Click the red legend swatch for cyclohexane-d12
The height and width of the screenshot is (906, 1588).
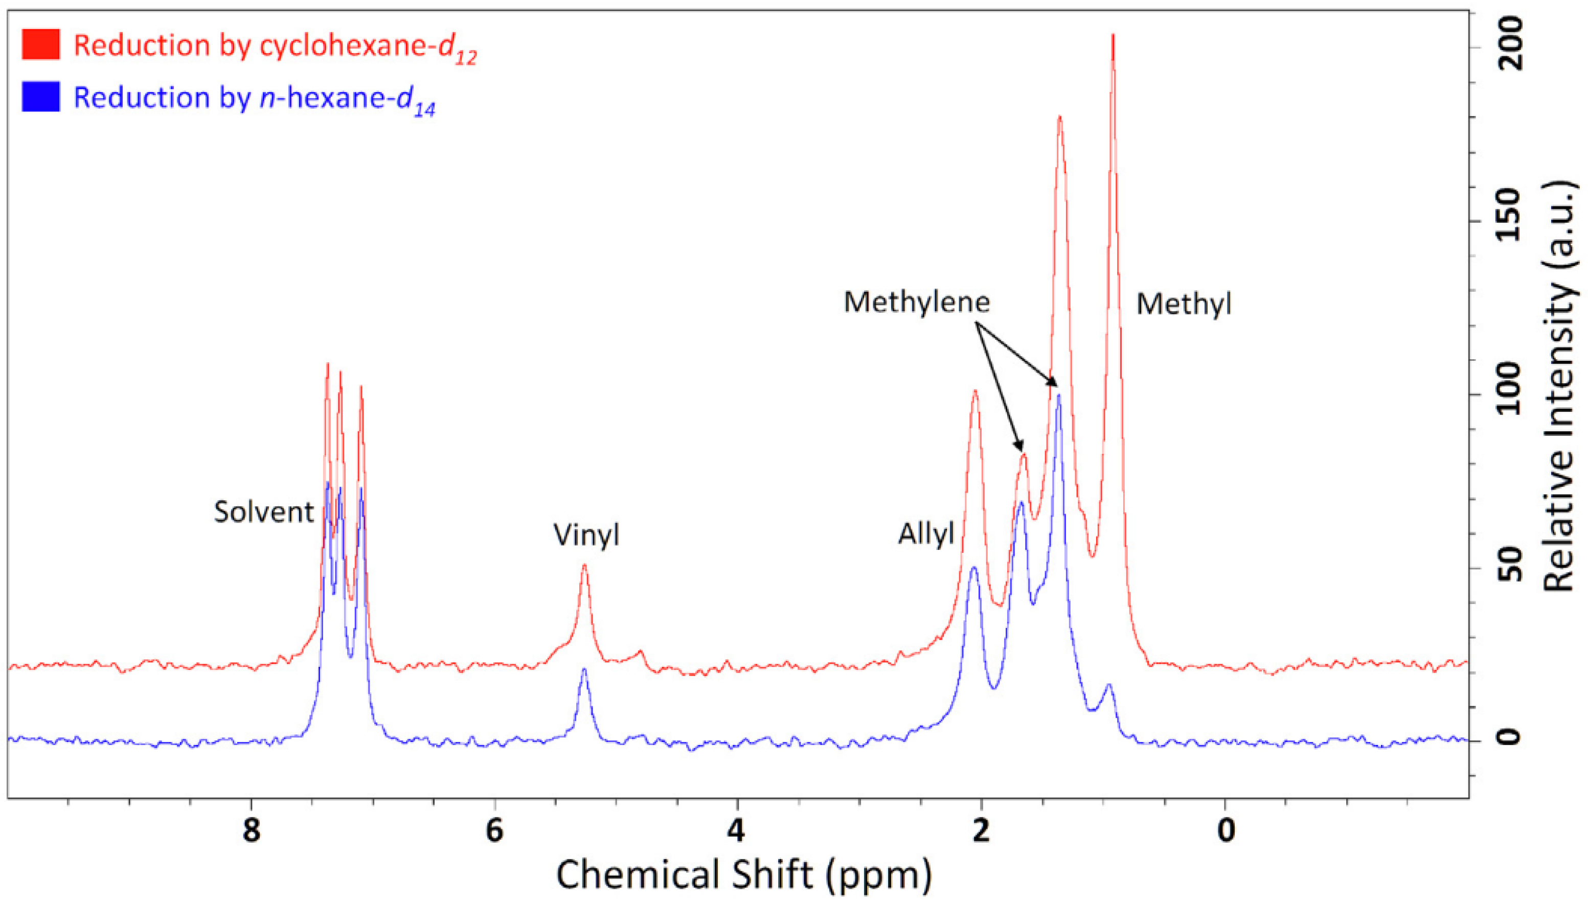click(40, 45)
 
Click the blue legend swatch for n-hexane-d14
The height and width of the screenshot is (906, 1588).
click(40, 97)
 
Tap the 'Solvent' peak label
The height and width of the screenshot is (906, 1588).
click(264, 512)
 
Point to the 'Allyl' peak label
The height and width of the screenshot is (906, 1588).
click(926, 534)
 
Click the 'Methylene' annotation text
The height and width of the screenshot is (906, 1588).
click(916, 303)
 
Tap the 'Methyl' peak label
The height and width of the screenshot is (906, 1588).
click(1184, 305)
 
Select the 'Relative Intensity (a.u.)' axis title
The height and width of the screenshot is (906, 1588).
click(1559, 386)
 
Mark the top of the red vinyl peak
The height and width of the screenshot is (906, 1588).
click(584, 565)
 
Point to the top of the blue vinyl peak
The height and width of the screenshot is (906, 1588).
click(584, 669)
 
